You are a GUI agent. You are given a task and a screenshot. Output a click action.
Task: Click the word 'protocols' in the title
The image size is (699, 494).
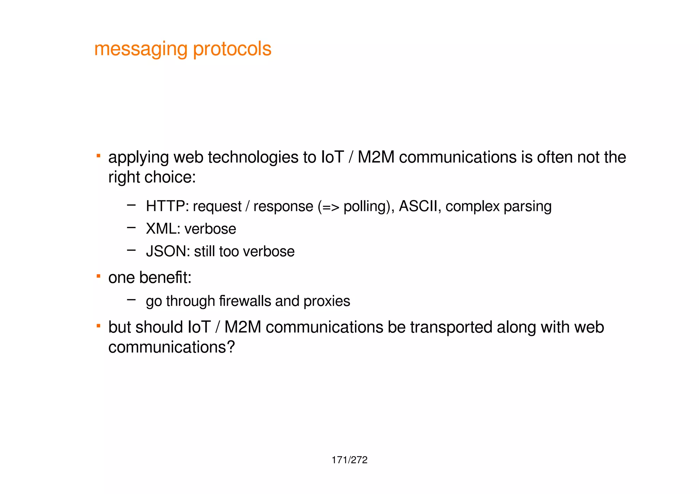[232, 49]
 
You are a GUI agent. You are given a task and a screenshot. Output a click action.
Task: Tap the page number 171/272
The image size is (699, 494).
[349, 460]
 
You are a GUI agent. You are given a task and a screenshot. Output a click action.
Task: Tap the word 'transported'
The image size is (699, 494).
[451, 328]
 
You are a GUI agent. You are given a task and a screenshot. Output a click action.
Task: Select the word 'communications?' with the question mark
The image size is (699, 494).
[172, 347]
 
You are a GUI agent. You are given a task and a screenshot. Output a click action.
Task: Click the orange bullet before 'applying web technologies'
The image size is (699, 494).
[98, 156]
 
